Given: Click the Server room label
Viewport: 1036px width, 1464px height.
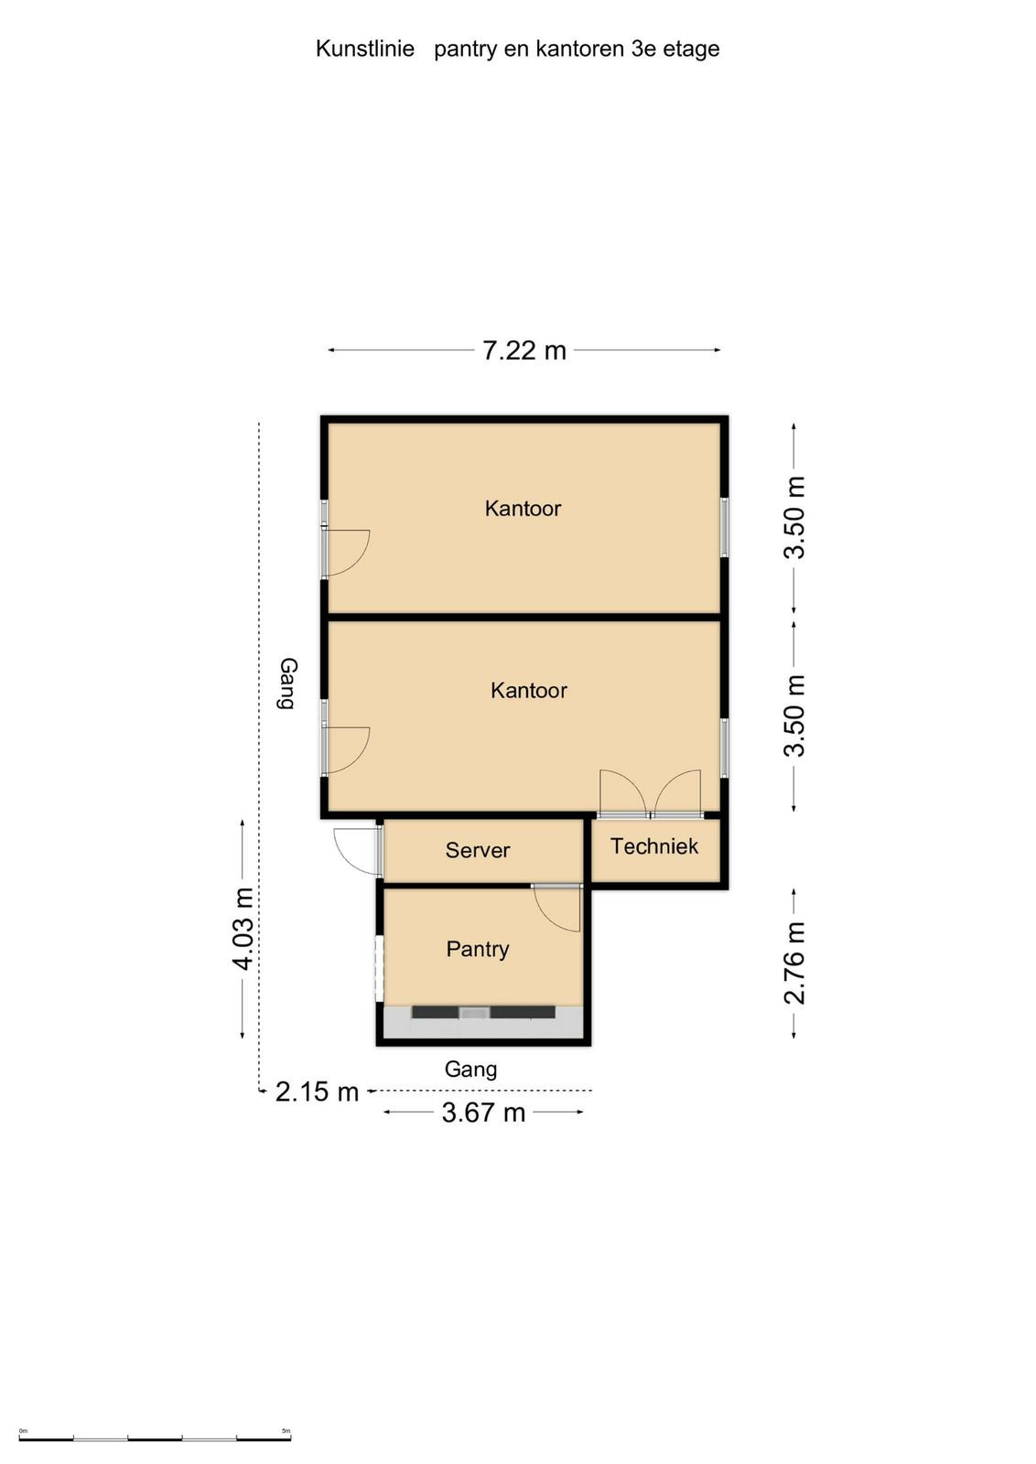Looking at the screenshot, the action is (477, 850).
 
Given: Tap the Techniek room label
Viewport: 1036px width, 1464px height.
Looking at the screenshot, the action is (653, 845).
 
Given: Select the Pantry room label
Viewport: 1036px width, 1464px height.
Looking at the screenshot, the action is (477, 949).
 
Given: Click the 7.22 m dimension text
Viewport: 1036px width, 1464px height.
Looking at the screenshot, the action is (524, 351).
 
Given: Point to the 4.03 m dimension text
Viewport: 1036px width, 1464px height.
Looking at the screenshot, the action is (243, 929).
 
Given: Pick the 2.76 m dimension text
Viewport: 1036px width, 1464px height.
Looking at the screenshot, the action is (794, 963).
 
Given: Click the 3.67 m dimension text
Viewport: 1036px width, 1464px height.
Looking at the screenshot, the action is (484, 1113).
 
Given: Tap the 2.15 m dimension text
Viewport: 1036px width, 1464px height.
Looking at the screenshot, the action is (317, 1092).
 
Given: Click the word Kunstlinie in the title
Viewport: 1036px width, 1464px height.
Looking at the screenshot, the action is (365, 48).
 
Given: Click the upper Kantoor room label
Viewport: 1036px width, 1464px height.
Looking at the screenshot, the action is (523, 508).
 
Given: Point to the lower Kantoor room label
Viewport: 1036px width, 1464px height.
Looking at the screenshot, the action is (529, 690).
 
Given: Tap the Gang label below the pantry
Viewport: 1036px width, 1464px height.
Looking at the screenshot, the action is (470, 1070).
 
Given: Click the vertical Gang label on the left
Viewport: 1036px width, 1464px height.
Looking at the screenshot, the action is (287, 683).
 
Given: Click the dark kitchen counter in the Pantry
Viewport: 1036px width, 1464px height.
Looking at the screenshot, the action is (483, 1012).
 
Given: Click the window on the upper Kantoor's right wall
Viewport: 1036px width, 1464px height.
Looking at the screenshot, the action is (724, 527).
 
